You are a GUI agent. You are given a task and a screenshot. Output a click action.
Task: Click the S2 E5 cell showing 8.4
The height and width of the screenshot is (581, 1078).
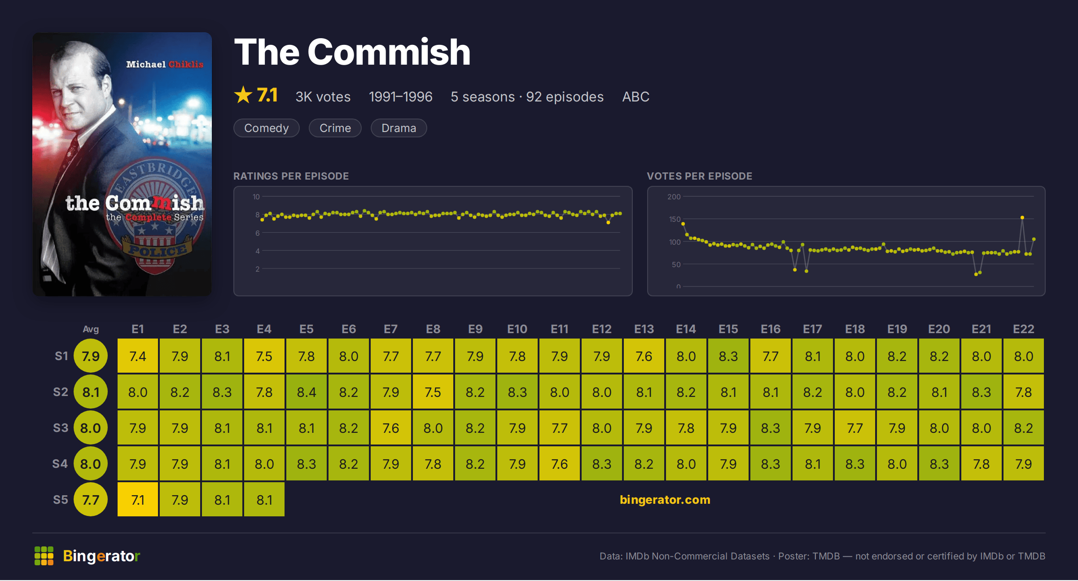pyautogui.click(x=307, y=392)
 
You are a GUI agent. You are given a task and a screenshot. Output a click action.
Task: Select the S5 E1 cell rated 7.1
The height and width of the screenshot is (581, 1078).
pyautogui.click(x=138, y=500)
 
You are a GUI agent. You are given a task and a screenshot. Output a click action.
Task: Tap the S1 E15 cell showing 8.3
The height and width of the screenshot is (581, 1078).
pyautogui.click(x=728, y=356)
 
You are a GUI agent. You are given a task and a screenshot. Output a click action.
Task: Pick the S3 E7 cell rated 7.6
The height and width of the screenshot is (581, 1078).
pyautogui.click(x=391, y=428)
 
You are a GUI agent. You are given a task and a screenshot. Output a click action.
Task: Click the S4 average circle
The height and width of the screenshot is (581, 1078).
pyautogui.click(x=91, y=464)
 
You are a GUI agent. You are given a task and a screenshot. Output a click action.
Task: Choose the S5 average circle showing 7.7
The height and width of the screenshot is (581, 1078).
pyautogui.click(x=91, y=500)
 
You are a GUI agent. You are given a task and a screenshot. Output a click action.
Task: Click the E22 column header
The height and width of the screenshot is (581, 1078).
pyautogui.click(x=1024, y=329)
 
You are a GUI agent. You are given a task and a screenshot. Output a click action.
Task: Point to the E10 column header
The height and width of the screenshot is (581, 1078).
pyautogui.click(x=517, y=329)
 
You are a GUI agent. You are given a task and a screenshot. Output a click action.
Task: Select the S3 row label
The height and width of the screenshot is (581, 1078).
pyautogui.click(x=61, y=428)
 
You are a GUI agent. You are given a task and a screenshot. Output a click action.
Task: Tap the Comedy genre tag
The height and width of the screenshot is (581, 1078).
pyautogui.click(x=267, y=128)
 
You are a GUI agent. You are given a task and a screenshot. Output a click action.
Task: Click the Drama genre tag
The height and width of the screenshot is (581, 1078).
pyautogui.click(x=399, y=128)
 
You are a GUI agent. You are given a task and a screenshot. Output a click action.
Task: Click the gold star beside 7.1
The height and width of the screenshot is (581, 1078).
pyautogui.click(x=243, y=95)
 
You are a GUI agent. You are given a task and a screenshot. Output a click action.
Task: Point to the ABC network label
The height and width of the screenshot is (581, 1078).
pyautogui.click(x=635, y=97)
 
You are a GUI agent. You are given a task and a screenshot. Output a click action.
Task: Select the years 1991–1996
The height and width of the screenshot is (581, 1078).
pyautogui.click(x=401, y=97)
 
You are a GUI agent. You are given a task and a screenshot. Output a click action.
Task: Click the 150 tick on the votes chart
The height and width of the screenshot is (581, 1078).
pyautogui.click(x=675, y=219)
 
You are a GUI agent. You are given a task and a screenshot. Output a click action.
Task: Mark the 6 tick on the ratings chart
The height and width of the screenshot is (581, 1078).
pyautogui.click(x=258, y=233)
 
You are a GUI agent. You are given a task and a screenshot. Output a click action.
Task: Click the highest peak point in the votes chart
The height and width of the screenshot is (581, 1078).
pyautogui.click(x=1022, y=217)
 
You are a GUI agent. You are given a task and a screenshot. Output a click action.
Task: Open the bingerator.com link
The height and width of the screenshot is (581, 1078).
pyautogui.click(x=665, y=500)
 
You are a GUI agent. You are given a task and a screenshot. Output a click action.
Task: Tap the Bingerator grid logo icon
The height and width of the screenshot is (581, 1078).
pyautogui.click(x=44, y=556)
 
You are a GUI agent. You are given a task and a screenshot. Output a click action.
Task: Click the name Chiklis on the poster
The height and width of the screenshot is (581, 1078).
pyautogui.click(x=186, y=64)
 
